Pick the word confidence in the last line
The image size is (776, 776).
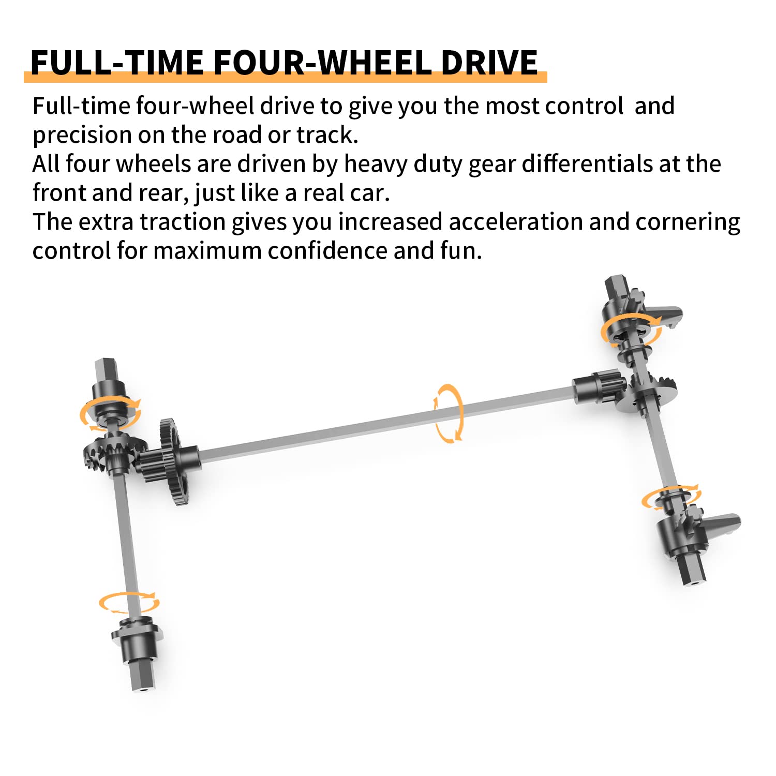(327, 250)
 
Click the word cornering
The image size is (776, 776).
(688, 222)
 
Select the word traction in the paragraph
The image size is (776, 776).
(182, 221)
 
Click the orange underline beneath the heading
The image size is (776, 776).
(286, 78)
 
